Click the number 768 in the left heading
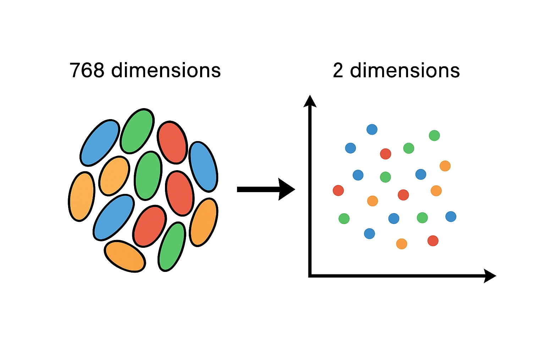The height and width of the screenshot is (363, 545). (87, 70)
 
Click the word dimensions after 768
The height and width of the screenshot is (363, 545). (166, 70)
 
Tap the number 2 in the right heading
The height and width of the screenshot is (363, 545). (338, 71)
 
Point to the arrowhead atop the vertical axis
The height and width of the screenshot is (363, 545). (310, 101)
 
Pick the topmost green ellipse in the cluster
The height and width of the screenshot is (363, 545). (137, 131)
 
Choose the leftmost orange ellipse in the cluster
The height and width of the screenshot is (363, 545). (82, 196)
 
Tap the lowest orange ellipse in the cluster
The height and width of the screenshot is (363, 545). (125, 256)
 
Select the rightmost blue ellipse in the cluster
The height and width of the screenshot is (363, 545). (203, 167)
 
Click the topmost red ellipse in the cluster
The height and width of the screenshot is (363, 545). (172, 143)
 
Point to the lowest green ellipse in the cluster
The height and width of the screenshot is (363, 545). (172, 247)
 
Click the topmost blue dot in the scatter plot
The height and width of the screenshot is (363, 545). (372, 129)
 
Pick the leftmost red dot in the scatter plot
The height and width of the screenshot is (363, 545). (338, 190)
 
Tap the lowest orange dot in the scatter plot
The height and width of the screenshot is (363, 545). (402, 244)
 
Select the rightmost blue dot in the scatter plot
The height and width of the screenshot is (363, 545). (451, 217)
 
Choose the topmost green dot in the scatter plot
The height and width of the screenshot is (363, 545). (434, 135)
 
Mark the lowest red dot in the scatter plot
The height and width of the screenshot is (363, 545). (433, 241)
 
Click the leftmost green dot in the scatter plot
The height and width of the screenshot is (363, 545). (344, 218)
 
